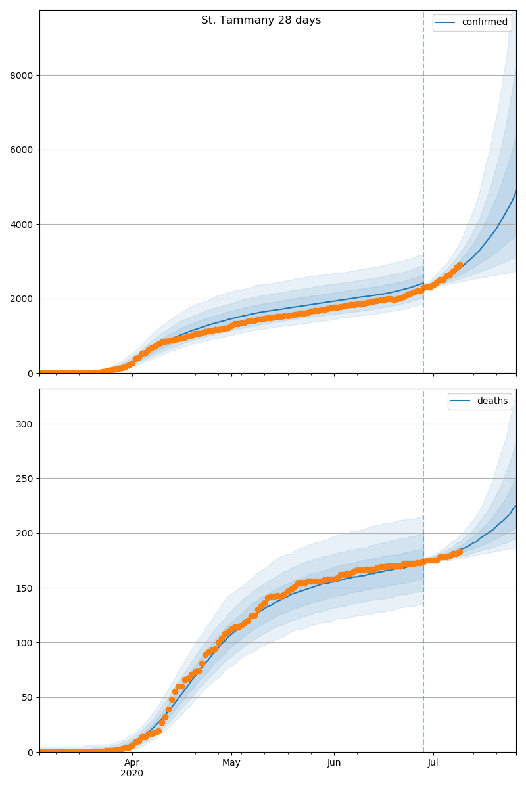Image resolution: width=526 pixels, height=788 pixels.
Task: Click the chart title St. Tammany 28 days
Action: pyautogui.click(x=261, y=20)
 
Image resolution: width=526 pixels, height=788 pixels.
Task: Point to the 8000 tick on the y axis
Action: pyautogui.click(x=23, y=76)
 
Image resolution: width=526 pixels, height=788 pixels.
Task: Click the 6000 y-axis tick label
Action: pyautogui.click(x=23, y=150)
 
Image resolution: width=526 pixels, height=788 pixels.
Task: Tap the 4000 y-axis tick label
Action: pyautogui.click(x=23, y=225)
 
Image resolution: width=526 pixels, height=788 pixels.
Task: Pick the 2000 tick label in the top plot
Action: pyautogui.click(x=23, y=299)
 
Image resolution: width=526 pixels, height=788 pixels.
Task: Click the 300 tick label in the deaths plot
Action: pyautogui.click(x=26, y=424)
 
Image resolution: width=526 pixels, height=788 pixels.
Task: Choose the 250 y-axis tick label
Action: pyautogui.click(x=26, y=479)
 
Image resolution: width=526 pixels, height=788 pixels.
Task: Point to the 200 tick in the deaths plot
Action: pyautogui.click(x=26, y=533)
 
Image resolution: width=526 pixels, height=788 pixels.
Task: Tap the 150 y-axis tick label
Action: pyautogui.click(x=26, y=588)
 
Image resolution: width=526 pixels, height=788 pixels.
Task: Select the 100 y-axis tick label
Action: pyautogui.click(x=26, y=643)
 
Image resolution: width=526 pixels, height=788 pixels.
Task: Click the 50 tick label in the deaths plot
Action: pyautogui.click(x=28, y=697)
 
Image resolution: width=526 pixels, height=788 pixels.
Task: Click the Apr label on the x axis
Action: pyautogui.click(x=132, y=763)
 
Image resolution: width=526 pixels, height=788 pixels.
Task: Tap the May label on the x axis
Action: pyautogui.click(x=231, y=763)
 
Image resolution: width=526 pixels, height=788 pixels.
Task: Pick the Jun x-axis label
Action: pyautogui.click(x=334, y=763)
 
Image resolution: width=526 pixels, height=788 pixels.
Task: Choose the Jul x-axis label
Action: pyautogui.click(x=433, y=763)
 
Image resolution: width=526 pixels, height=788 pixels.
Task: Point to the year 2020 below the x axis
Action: pyautogui.click(x=132, y=774)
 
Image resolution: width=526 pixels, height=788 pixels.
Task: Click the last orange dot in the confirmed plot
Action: pyautogui.click(x=460, y=265)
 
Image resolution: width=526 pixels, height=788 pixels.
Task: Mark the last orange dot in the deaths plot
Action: pyautogui.click(x=460, y=552)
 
